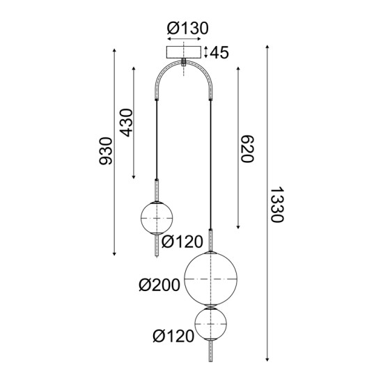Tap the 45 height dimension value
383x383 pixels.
tap(221, 52)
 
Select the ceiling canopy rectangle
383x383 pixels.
tap(183, 52)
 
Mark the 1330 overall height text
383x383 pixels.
tap(276, 205)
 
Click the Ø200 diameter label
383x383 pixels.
tap(159, 284)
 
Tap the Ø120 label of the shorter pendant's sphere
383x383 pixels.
tap(182, 242)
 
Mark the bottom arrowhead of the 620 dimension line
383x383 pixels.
tap(239, 228)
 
